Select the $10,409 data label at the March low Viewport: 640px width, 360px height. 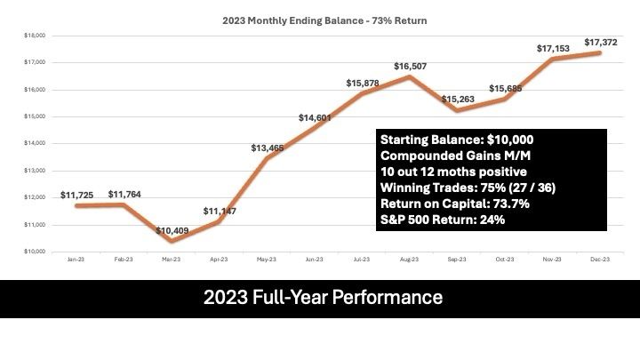pyautogui.click(x=172, y=230)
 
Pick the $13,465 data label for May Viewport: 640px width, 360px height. pyautogui.click(x=268, y=148)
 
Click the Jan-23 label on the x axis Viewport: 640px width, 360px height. pyautogui.click(x=76, y=260)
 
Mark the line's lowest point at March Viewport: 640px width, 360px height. pyautogui.click(x=172, y=241)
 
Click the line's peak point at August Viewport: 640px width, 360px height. pyautogui.click(x=410, y=76)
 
